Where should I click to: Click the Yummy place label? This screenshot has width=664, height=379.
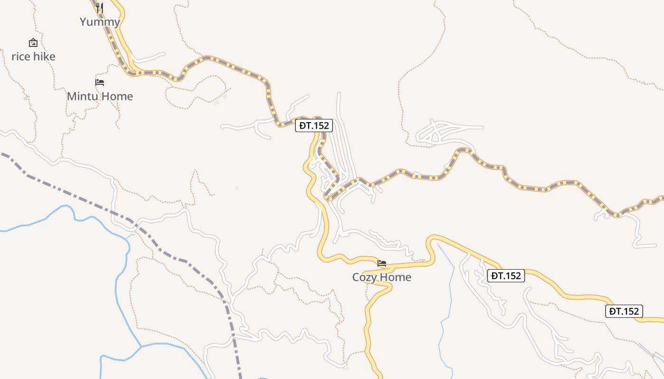tap(100, 22)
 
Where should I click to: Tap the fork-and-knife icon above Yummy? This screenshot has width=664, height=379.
tap(100, 8)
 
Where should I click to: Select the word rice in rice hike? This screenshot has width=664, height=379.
tap(21, 57)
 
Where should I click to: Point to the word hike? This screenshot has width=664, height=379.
tap(44, 57)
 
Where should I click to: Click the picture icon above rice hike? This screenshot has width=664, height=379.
tap(33, 43)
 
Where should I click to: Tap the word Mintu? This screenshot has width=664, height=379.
tap(83, 96)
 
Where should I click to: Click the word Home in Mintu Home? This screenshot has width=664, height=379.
tap(117, 96)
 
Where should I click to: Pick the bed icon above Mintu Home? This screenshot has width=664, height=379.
tap(100, 82)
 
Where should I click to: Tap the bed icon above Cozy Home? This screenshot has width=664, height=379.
tap(382, 263)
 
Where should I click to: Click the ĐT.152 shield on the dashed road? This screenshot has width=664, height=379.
tap(314, 126)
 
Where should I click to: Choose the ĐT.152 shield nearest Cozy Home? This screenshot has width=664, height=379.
tap(506, 276)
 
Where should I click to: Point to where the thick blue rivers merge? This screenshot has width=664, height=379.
tap(141, 346)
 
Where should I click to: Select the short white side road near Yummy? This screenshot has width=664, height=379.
tap(149, 58)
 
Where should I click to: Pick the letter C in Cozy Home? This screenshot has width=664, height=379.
tap(356, 277)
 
